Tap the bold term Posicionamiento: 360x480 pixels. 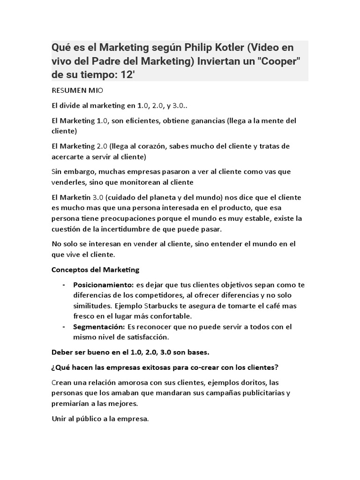click(x=103, y=285)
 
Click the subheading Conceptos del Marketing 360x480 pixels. click(x=96, y=270)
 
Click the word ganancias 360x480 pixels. click(x=204, y=120)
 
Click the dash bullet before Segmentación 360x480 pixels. click(x=64, y=326)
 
